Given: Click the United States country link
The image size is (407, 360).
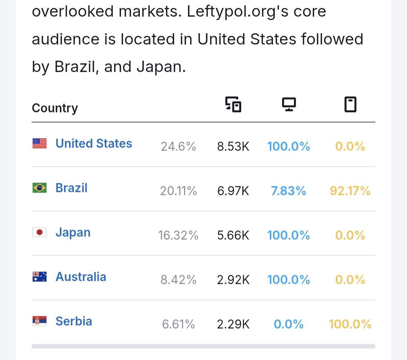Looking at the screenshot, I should click(93, 143).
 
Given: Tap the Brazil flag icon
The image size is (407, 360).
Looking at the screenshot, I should click(39, 188).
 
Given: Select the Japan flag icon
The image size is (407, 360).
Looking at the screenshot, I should click(39, 232).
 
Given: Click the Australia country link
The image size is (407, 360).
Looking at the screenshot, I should click(81, 277).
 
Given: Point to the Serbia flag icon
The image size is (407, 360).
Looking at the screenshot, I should click(39, 321).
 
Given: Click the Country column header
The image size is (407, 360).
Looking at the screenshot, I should click(55, 108).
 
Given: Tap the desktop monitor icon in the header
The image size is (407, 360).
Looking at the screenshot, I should click(289, 104).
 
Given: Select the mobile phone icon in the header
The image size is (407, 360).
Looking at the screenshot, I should click(350, 104).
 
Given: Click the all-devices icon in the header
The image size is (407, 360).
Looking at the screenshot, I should click(233, 104).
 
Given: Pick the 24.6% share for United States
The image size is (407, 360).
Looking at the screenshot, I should click(178, 146).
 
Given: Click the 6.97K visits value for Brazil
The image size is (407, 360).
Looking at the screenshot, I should click(233, 191).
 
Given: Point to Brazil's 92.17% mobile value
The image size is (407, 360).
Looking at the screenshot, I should click(350, 191).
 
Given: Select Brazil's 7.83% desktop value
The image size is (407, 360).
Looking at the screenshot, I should click(289, 191).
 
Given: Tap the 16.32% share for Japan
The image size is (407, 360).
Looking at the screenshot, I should click(178, 235).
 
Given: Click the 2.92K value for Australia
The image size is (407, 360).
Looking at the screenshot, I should click(233, 280).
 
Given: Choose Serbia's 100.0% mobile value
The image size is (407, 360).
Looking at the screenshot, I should click(350, 324).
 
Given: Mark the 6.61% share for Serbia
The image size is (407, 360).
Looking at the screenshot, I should click(178, 324).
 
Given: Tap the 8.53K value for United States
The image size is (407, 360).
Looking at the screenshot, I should click(233, 146).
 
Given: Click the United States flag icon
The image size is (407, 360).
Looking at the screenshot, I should click(39, 143).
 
